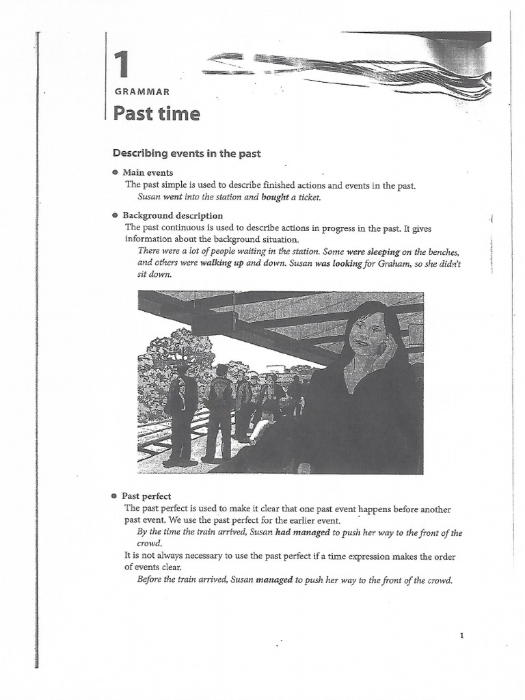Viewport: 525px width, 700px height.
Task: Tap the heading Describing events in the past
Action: tap(187, 154)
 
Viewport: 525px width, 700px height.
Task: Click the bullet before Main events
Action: tap(115, 173)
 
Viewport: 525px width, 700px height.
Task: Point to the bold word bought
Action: tap(275, 198)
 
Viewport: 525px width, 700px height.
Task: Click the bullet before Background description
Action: tap(115, 215)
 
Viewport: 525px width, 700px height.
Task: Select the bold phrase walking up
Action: tap(222, 263)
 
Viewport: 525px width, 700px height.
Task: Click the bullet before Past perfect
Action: tap(115, 496)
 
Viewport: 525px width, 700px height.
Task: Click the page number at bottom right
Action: tap(462, 636)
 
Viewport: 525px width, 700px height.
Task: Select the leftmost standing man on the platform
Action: tap(180, 414)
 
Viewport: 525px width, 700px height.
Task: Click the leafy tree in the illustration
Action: tap(174, 355)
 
